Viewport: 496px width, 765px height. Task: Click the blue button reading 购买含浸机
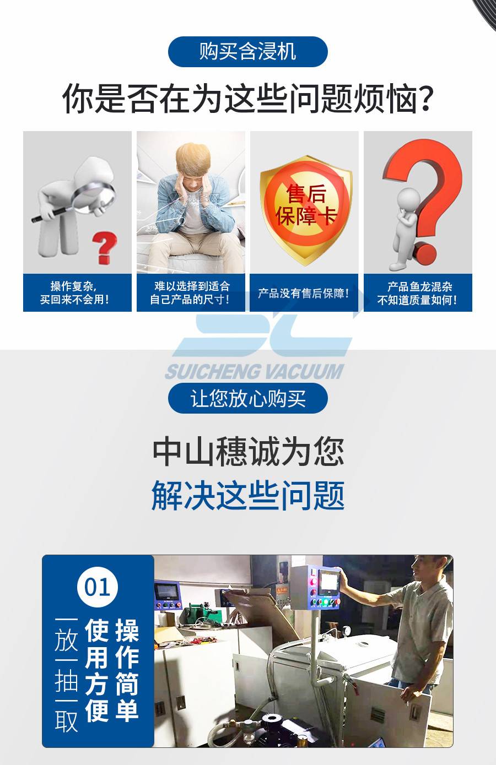click(248, 52)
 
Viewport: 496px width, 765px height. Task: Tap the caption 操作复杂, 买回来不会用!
click(75, 292)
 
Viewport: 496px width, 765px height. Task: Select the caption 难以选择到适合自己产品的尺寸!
click(191, 292)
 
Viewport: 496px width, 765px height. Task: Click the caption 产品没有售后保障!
click(304, 293)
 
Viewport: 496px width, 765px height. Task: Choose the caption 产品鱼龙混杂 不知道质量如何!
click(418, 293)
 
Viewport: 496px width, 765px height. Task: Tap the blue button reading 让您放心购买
click(248, 398)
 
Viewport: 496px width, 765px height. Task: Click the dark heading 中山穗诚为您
click(249, 452)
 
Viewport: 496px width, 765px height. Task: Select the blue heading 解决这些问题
click(248, 496)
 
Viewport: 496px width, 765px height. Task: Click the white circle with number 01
click(98, 587)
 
